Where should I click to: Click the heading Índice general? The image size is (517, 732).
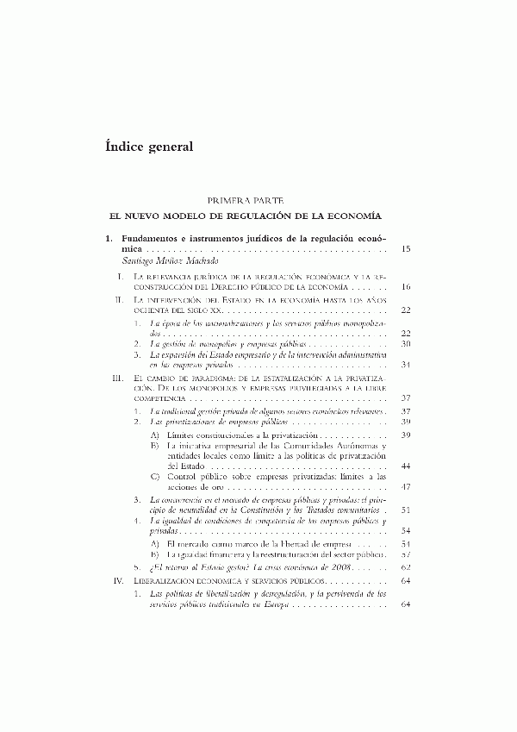[148, 146]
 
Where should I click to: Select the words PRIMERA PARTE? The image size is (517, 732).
[258, 200]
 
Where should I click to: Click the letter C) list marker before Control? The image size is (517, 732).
[154, 477]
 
